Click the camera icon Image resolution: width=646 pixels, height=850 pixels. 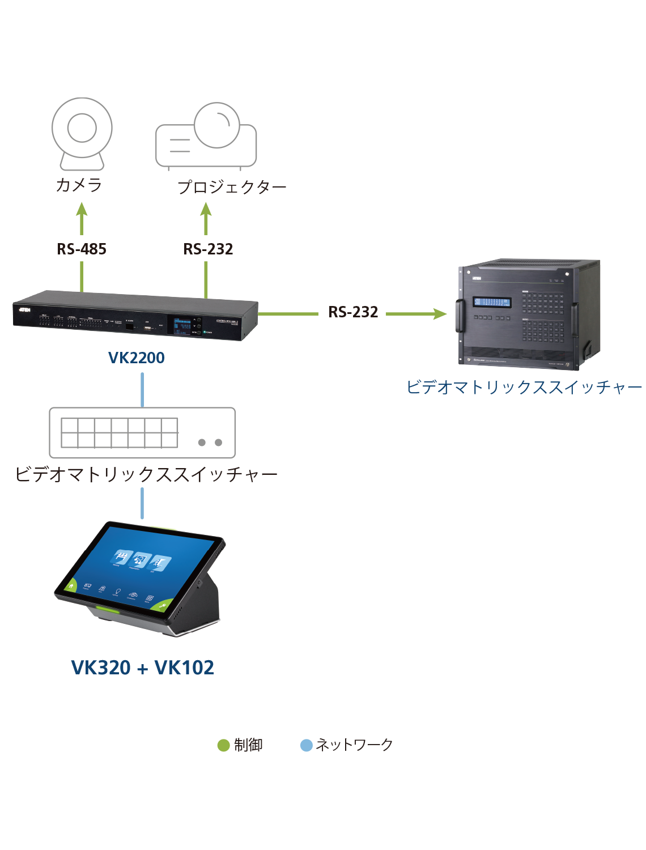(x=82, y=134)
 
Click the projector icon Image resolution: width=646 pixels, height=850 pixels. (x=206, y=136)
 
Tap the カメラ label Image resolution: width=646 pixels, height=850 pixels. (x=79, y=185)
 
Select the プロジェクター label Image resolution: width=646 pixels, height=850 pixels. (x=232, y=186)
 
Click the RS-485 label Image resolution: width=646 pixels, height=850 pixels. (x=82, y=249)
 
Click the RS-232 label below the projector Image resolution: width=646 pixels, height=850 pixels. (x=208, y=249)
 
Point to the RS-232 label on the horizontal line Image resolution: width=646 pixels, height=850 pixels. (x=353, y=312)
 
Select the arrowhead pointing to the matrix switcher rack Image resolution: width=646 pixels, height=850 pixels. (x=439, y=313)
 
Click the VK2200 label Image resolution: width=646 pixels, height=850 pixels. (x=136, y=358)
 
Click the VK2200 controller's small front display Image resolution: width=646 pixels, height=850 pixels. (x=182, y=326)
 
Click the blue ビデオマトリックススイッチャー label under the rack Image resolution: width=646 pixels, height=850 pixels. (x=524, y=387)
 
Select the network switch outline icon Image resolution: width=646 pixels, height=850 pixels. (x=142, y=432)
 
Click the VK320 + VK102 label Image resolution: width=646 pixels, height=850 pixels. (x=142, y=668)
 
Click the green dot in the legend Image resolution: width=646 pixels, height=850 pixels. (x=223, y=745)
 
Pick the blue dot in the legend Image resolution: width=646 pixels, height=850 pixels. (x=307, y=745)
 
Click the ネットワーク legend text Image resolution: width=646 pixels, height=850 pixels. (x=354, y=745)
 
